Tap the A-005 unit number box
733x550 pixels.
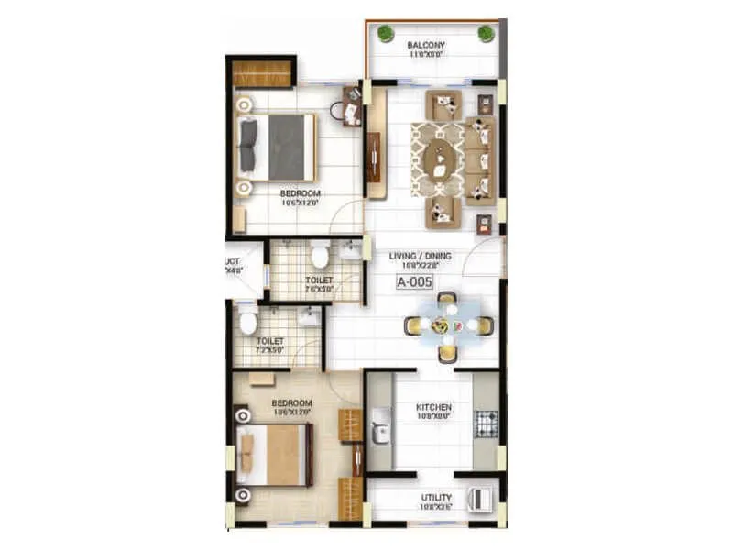414,282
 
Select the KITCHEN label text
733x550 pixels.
433,407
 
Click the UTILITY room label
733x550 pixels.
436,496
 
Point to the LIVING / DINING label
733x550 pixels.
415,256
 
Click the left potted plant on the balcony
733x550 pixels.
386,34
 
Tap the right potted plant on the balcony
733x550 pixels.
486,34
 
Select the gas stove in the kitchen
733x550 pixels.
486,423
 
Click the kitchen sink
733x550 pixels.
380,428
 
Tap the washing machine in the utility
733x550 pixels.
479,500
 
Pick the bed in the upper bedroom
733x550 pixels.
279,147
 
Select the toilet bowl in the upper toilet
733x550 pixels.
320,254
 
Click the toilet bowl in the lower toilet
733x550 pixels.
248,322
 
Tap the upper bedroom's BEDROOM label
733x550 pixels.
300,193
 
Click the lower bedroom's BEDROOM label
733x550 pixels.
292,403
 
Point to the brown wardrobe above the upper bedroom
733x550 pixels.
261,73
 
